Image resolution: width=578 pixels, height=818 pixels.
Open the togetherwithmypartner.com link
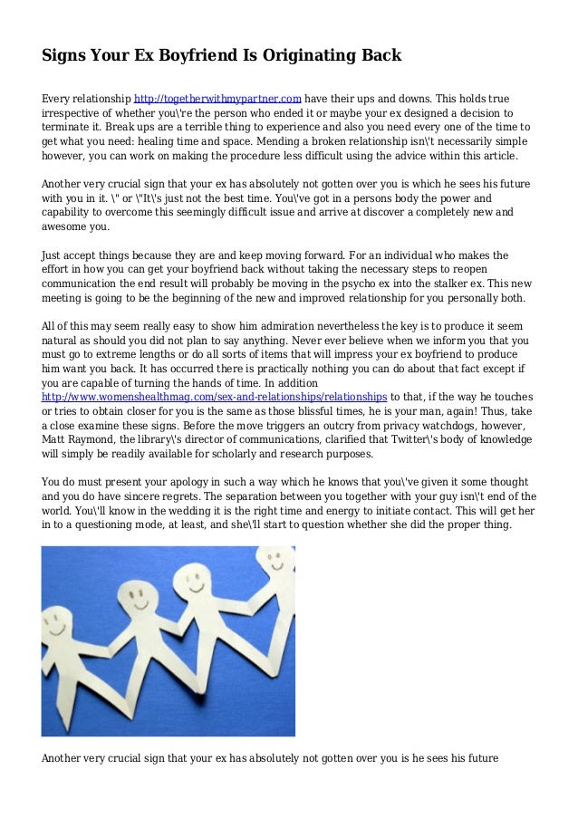coord(217,99)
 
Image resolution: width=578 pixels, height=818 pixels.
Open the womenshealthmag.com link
coord(215,397)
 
